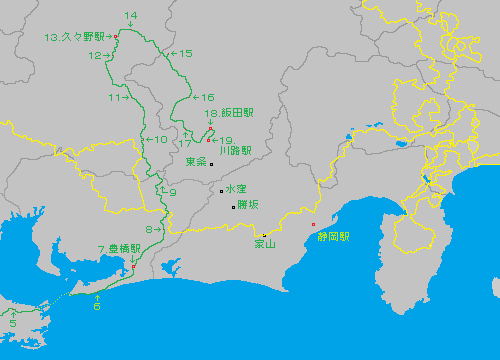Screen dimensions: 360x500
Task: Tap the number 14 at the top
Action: [x=130, y=15]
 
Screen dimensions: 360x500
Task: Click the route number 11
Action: [x=115, y=98]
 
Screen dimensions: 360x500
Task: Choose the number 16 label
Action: [x=208, y=97]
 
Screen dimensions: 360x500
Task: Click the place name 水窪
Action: [x=236, y=189]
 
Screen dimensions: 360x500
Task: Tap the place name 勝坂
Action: [x=249, y=204]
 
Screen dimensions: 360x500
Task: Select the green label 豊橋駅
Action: [x=119, y=248]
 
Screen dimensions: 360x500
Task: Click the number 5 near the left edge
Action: [x=13, y=323]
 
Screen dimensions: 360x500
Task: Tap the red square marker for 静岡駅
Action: [x=313, y=224]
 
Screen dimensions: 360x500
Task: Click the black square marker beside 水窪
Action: [x=222, y=190]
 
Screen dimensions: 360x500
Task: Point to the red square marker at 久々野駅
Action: [x=116, y=37]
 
